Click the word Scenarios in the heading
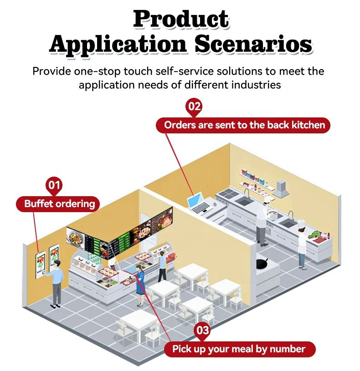point(253,44)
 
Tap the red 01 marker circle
point(54,185)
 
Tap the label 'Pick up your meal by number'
point(238,349)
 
